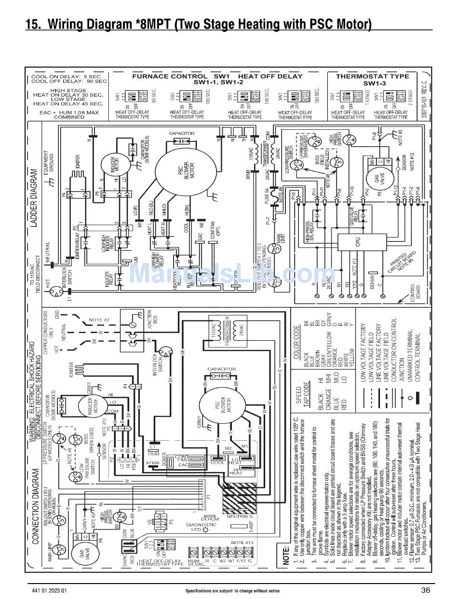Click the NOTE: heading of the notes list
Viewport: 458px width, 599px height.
tap(286, 556)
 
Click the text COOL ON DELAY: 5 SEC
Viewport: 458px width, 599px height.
tap(66, 76)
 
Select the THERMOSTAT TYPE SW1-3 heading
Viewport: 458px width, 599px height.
tap(372, 80)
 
